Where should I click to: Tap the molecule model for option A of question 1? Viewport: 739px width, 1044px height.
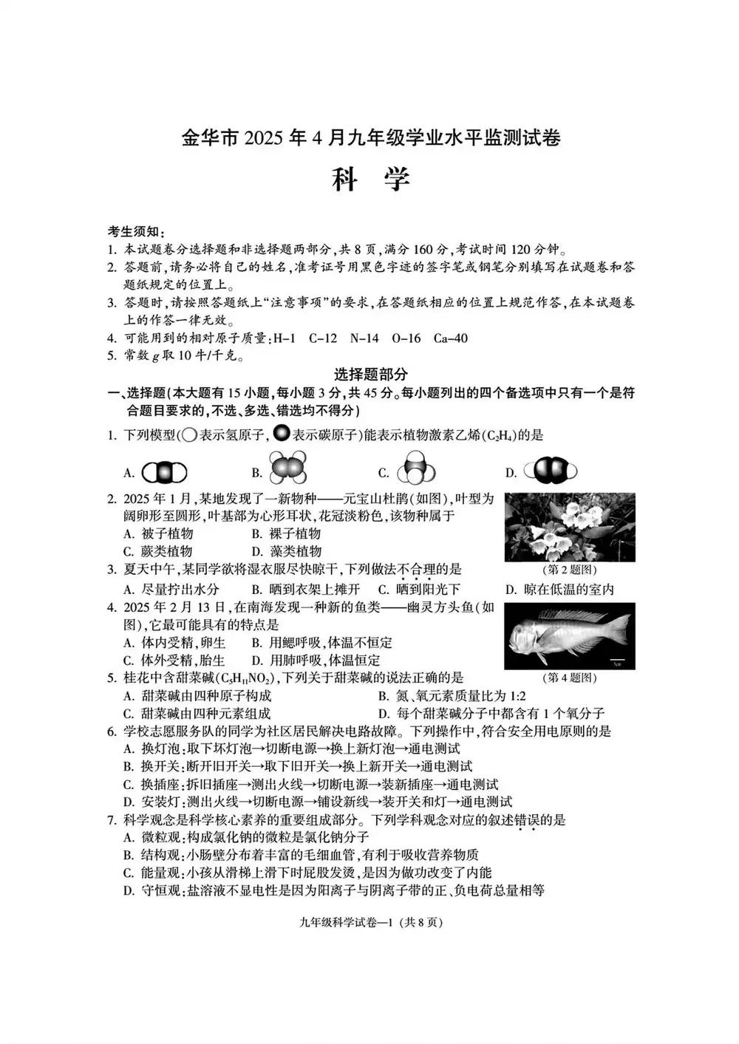point(165,472)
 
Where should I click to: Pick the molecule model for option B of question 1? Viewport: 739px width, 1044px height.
point(288,469)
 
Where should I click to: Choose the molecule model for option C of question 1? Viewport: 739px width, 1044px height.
point(416,469)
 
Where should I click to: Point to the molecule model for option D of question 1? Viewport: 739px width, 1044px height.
point(550,471)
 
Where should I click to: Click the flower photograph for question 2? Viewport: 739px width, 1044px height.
point(569,528)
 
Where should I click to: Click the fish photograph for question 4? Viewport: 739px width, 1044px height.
point(569,636)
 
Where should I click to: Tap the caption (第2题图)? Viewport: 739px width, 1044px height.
point(569,570)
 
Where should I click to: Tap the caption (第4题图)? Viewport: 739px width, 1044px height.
point(569,677)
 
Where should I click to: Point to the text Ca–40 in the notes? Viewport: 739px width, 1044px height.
point(450,338)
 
